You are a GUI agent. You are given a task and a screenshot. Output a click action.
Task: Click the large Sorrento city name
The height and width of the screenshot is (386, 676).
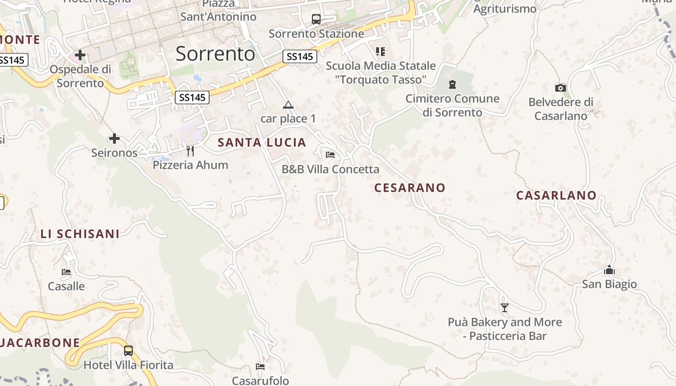coord(215,54)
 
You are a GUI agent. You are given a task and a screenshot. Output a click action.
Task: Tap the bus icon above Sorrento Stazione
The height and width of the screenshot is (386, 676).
coord(316,19)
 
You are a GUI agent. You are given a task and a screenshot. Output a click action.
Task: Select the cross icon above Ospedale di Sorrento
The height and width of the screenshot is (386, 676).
coord(80,55)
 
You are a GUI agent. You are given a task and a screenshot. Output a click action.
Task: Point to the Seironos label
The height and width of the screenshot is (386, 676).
coord(114,153)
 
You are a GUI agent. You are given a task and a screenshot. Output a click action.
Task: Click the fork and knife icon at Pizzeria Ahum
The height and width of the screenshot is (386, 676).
coord(190,151)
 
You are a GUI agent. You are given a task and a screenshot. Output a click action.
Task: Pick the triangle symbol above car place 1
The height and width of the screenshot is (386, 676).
coord(288,105)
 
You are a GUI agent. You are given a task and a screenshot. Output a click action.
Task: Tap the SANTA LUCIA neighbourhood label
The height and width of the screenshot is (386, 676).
coord(262,142)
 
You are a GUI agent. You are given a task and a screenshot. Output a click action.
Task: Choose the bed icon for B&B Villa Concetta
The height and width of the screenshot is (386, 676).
coord(330,155)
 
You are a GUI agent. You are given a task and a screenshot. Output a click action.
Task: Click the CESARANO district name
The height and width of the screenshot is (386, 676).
coord(409,188)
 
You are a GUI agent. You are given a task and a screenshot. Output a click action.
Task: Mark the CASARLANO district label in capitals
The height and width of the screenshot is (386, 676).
coord(556,195)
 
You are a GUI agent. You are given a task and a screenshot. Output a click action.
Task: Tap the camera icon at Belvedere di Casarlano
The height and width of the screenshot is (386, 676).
coord(561,88)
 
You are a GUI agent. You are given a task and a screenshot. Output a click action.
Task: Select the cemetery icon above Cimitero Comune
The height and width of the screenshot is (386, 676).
coord(452,85)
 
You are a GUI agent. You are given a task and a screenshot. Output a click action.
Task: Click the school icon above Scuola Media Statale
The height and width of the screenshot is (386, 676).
coord(380,51)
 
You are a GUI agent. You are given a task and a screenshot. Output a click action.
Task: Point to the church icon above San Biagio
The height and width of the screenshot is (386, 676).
coord(609,270)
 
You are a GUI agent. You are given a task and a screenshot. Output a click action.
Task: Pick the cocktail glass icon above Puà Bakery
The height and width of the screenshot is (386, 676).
coord(505,307)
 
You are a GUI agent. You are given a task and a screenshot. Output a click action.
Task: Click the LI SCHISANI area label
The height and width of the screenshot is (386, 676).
coord(80,234)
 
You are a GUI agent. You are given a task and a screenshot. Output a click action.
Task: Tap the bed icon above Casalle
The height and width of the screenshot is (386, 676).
coord(66,272)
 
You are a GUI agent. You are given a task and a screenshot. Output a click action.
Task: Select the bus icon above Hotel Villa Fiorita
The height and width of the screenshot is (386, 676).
coord(128,351)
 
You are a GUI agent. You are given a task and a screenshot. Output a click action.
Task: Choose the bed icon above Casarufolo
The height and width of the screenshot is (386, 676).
coord(260,367)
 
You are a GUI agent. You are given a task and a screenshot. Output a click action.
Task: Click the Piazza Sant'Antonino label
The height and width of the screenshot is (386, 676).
coord(218,11)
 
